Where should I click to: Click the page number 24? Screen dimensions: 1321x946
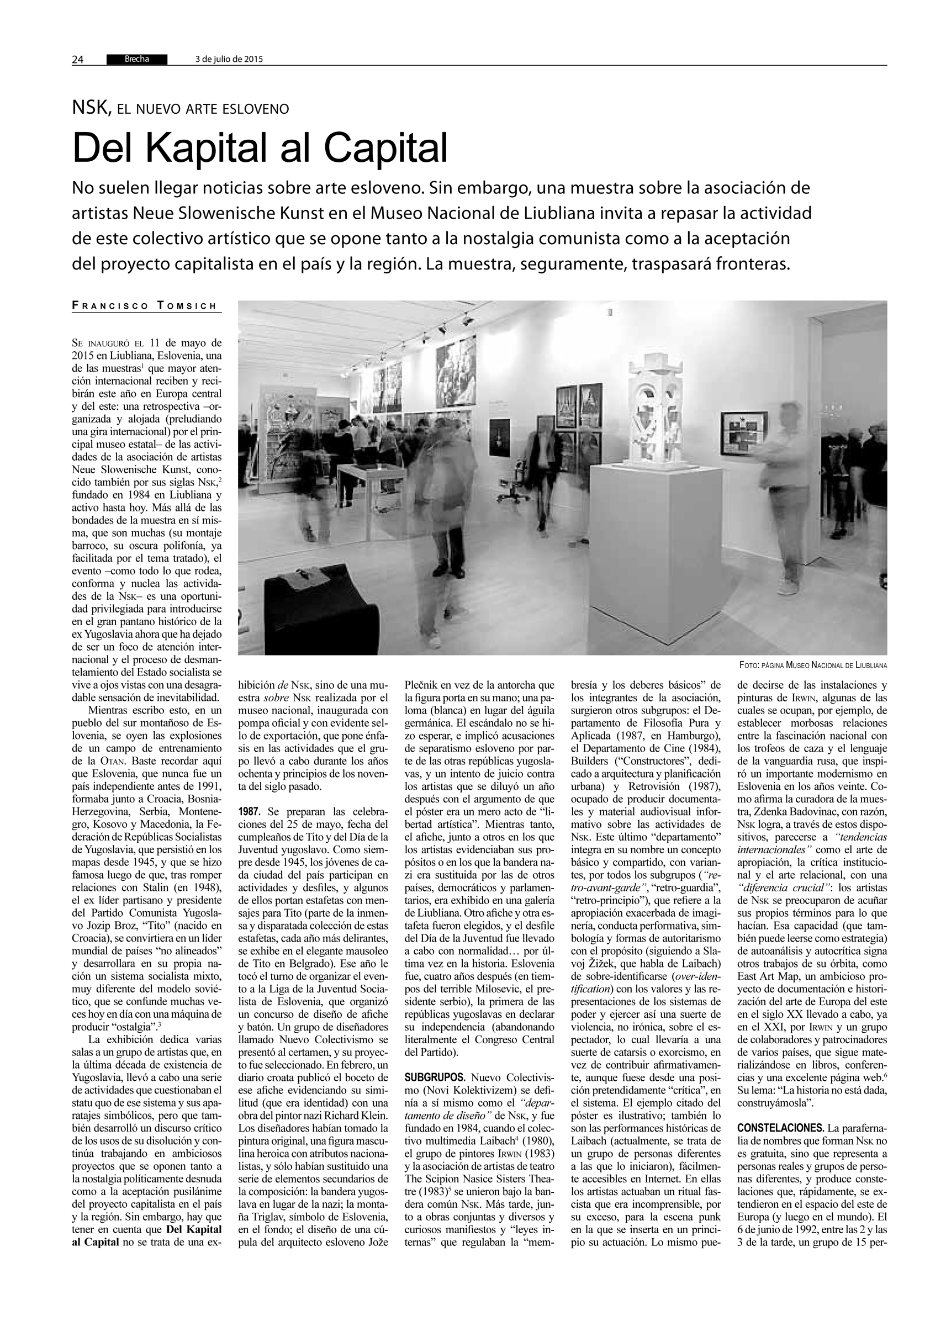78,59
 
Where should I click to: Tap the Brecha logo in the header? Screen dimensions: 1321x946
136,59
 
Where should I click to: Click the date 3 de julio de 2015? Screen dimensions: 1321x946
228,59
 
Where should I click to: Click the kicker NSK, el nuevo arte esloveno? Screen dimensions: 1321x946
181,108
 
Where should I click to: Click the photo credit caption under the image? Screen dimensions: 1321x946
812,664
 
